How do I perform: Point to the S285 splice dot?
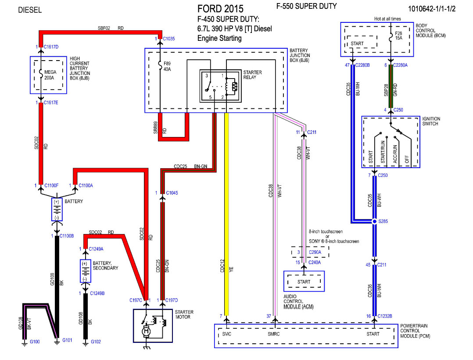point(374,221)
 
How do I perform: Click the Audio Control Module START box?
point(304,281)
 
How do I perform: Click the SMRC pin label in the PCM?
point(274,334)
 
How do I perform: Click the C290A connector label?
point(315,252)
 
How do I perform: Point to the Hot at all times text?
point(387,19)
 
